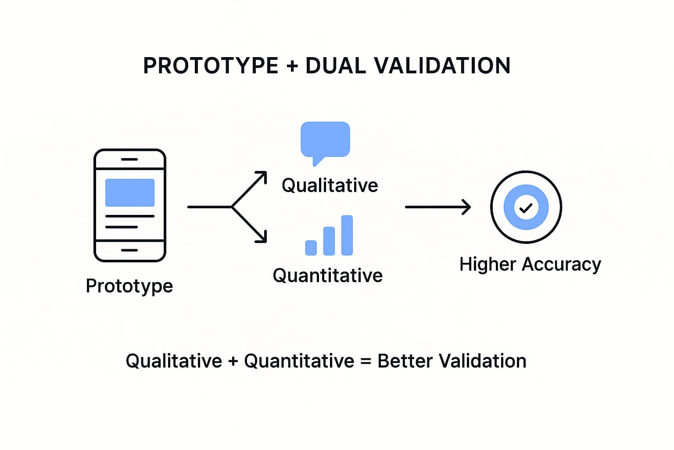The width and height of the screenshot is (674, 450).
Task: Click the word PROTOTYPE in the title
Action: tap(211, 65)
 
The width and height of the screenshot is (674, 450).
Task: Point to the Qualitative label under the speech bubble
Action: tap(330, 185)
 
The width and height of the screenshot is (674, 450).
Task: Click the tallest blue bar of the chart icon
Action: tap(347, 235)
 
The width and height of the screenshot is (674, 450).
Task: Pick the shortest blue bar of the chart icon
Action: tap(311, 248)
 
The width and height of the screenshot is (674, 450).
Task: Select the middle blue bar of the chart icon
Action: tap(329, 241)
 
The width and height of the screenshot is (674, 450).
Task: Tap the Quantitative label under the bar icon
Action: tap(328, 276)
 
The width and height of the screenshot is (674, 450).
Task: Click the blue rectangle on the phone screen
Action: tap(130, 192)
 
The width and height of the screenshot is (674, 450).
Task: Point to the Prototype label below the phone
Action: tap(129, 286)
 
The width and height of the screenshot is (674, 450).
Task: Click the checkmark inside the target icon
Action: tap(526, 208)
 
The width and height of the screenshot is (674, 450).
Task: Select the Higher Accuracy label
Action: tap(530, 265)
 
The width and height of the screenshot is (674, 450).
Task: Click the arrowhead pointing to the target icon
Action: tap(467, 207)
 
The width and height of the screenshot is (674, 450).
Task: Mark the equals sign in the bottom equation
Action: tap(366, 361)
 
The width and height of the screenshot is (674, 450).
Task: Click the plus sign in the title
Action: tap(292, 66)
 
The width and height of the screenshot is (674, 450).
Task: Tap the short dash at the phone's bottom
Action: tap(129, 250)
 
